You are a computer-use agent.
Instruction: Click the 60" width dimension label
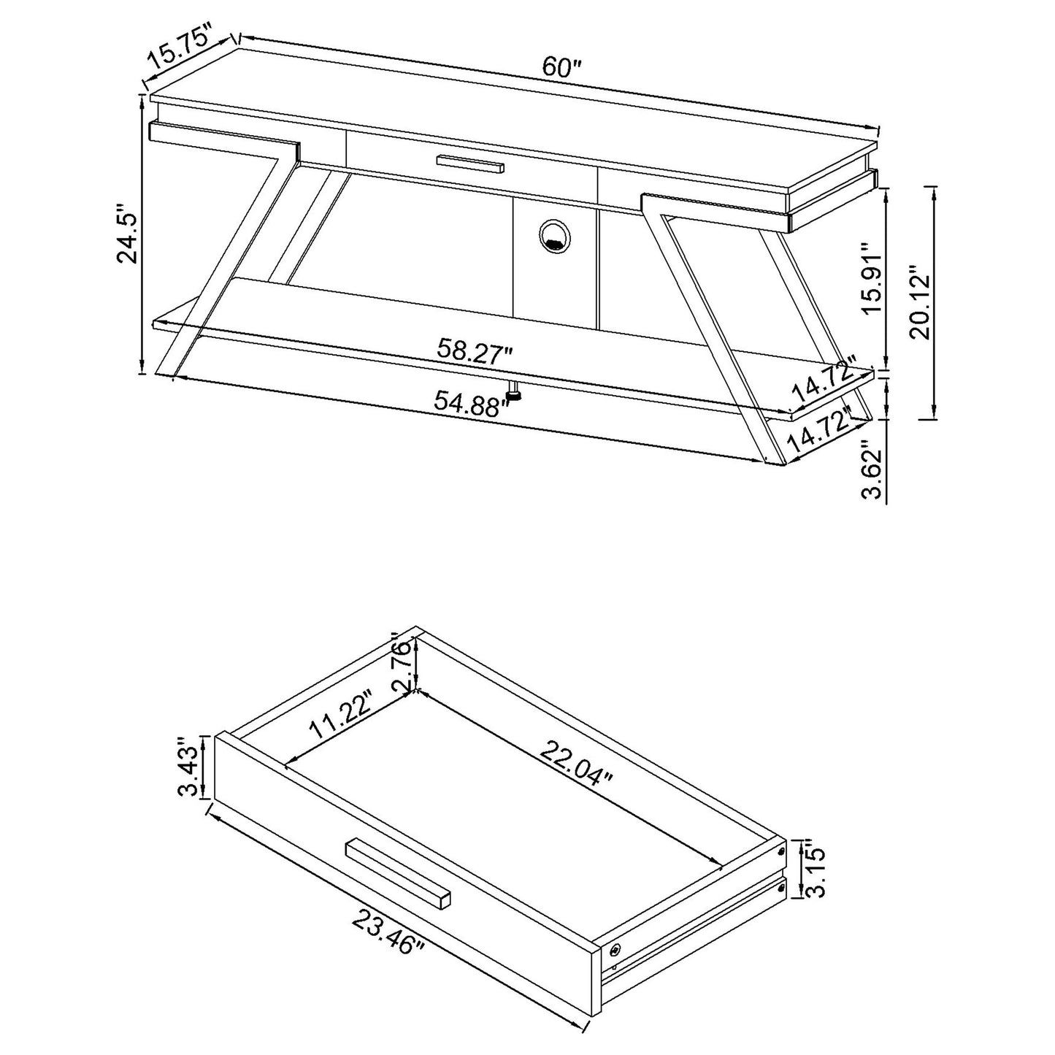560,68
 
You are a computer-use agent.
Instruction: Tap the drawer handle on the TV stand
471,164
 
